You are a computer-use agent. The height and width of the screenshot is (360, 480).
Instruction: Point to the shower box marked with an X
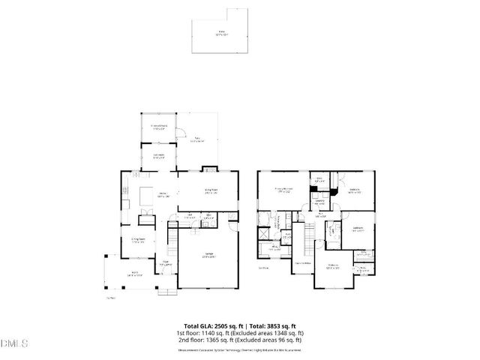262,232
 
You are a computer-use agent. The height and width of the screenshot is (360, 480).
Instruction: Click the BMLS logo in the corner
14,344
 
